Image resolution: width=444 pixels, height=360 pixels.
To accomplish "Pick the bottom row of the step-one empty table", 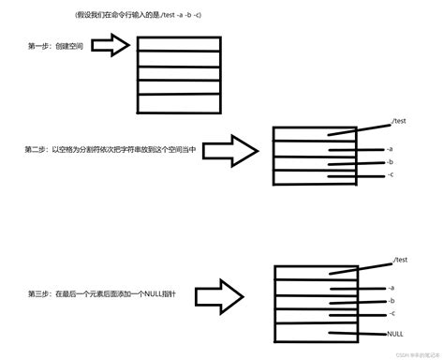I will click(x=178, y=101).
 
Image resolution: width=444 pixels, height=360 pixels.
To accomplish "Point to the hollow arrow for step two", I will click(x=230, y=150).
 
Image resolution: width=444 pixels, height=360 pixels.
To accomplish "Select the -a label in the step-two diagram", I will click(x=389, y=149).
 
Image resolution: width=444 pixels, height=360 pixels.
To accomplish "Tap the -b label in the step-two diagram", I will click(x=389, y=162).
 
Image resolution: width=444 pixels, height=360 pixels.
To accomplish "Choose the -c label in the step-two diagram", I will click(x=389, y=175).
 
